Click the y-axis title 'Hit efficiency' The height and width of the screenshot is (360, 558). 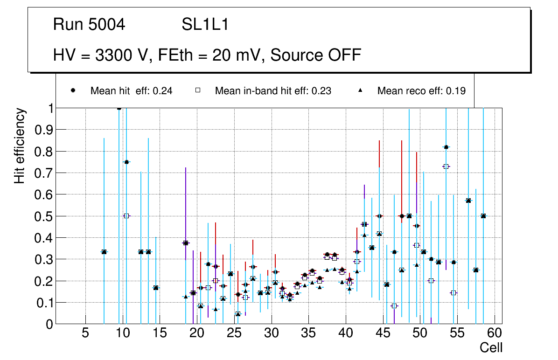pos(20,145)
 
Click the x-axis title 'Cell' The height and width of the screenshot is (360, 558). pos(491,347)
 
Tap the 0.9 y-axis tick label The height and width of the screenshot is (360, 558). pos(44,130)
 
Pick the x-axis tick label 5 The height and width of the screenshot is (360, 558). pos(85,333)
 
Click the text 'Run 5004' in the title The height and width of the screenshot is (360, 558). pos(89,25)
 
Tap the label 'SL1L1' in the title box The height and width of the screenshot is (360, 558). pos(205,25)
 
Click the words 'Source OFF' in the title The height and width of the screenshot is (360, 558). pos(315,55)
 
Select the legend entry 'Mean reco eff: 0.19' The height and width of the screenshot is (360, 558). pos(421,91)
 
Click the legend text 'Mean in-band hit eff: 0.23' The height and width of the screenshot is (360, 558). pos(273,91)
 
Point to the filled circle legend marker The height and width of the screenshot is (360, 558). pos(73,90)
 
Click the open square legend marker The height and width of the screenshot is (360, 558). pos(197,90)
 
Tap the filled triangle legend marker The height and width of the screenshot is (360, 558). pos(360,90)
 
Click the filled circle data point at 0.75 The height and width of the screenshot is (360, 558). pos(126,162)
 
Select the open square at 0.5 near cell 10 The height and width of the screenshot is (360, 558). pos(126,216)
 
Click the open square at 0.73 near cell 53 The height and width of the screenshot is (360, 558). pos(446,166)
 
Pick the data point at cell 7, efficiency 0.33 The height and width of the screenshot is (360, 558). pos(104,252)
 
